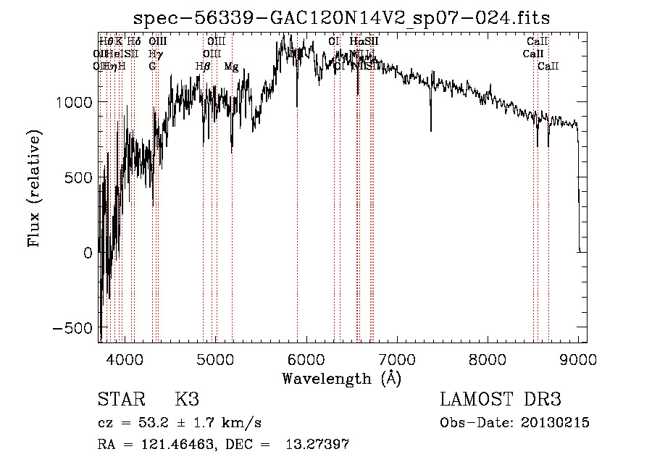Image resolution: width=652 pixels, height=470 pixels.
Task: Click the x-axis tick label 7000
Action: point(396,358)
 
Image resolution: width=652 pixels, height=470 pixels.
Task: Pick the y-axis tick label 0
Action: point(87,253)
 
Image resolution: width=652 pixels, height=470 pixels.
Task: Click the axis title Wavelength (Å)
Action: point(341,378)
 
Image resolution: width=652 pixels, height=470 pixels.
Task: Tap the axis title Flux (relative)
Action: point(34,188)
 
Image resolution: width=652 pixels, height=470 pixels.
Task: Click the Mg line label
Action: point(231,67)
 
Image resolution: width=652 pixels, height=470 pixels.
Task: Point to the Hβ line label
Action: point(203,67)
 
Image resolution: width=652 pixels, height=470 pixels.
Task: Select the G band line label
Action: point(152,67)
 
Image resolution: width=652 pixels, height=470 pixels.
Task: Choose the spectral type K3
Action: point(187,400)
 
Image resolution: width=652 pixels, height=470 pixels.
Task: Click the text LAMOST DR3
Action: point(500,400)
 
